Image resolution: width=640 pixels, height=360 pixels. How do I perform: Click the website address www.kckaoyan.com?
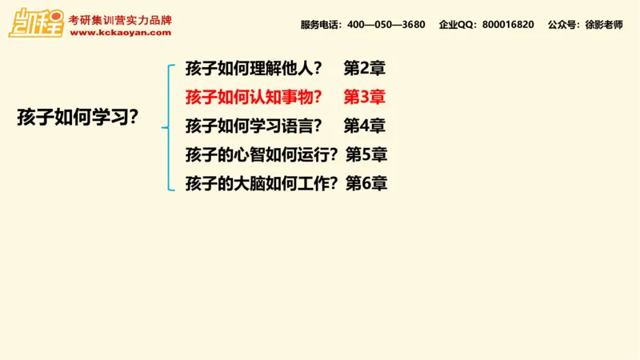click(120, 33)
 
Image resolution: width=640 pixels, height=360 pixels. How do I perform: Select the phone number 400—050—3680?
click(386, 25)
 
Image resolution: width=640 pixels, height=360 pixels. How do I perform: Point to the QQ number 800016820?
click(508, 25)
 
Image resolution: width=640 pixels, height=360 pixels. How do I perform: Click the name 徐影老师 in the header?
click(602, 25)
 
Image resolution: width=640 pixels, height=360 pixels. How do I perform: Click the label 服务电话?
click(321, 25)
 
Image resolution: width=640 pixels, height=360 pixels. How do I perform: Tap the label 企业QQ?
click(458, 25)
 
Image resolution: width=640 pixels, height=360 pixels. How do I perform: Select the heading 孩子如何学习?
click(78, 117)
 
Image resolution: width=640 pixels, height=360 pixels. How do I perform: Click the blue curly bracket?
click(169, 126)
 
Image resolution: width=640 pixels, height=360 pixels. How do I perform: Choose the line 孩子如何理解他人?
click(253, 68)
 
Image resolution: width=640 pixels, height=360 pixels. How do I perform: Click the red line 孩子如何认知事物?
click(253, 97)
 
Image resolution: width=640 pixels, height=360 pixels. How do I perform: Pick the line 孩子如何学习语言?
click(253, 126)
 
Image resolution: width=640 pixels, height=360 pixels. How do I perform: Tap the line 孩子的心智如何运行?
click(260, 154)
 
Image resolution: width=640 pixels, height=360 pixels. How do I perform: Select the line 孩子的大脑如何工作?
click(260, 183)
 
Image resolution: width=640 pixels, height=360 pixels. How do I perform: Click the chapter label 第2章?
click(365, 68)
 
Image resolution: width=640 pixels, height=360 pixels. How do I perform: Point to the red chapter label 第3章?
click(365, 97)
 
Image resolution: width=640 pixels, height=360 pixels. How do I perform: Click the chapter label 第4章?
click(365, 126)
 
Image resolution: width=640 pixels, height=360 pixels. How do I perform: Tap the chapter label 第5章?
click(366, 154)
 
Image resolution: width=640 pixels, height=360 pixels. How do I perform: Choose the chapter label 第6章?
click(366, 183)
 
